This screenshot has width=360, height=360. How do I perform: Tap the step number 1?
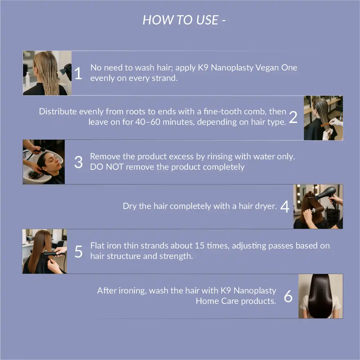coord(78,73)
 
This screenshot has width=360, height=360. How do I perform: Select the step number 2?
coord(293,117)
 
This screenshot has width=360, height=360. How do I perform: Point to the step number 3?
coord(78,162)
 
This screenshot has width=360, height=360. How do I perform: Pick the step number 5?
coord(78,251)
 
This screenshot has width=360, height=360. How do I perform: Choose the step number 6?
coord(288,296)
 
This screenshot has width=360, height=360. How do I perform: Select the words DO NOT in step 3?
coord(107,167)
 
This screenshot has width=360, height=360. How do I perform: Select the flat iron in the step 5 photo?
coord(51,254)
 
